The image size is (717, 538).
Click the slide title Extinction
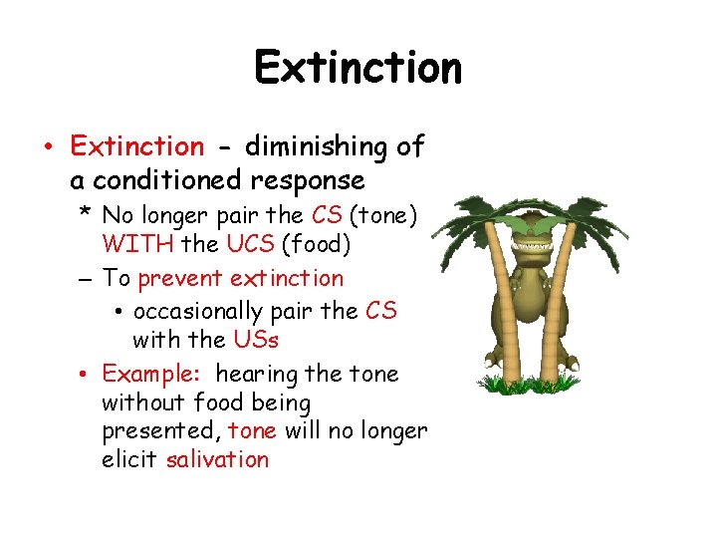358,68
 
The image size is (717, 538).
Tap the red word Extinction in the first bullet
136,146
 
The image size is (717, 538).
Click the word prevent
180,278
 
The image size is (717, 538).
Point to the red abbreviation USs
256,340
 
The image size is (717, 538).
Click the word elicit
130,459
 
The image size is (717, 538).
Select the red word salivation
217,459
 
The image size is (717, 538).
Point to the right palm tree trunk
554,319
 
